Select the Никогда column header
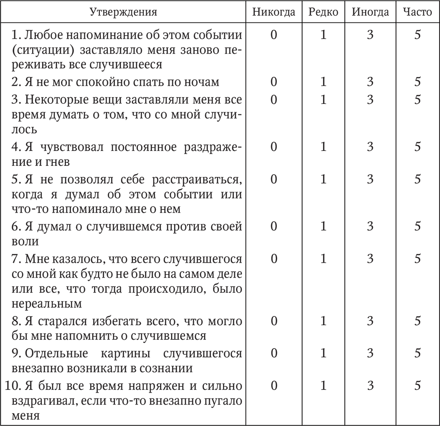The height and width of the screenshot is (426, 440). pos(274,12)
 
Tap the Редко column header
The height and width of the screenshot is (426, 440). pos(323,12)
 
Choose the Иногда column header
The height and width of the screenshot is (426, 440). pos(370,12)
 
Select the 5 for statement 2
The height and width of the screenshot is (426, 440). pos(417,82)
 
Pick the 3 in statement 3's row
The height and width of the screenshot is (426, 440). pos(370,100)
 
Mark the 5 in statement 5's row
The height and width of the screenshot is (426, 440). pos(417,179)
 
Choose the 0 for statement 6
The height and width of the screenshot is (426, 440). pos(274,226)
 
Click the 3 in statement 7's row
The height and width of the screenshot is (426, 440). pos(370,258)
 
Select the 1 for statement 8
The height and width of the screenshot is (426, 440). pos(323,321)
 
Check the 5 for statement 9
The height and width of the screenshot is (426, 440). pos(417,353)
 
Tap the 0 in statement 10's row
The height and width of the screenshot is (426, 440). pos(274,386)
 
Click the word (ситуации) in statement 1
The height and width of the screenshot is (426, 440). pos(36,49)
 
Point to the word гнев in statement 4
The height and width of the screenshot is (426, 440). pos(60,162)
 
